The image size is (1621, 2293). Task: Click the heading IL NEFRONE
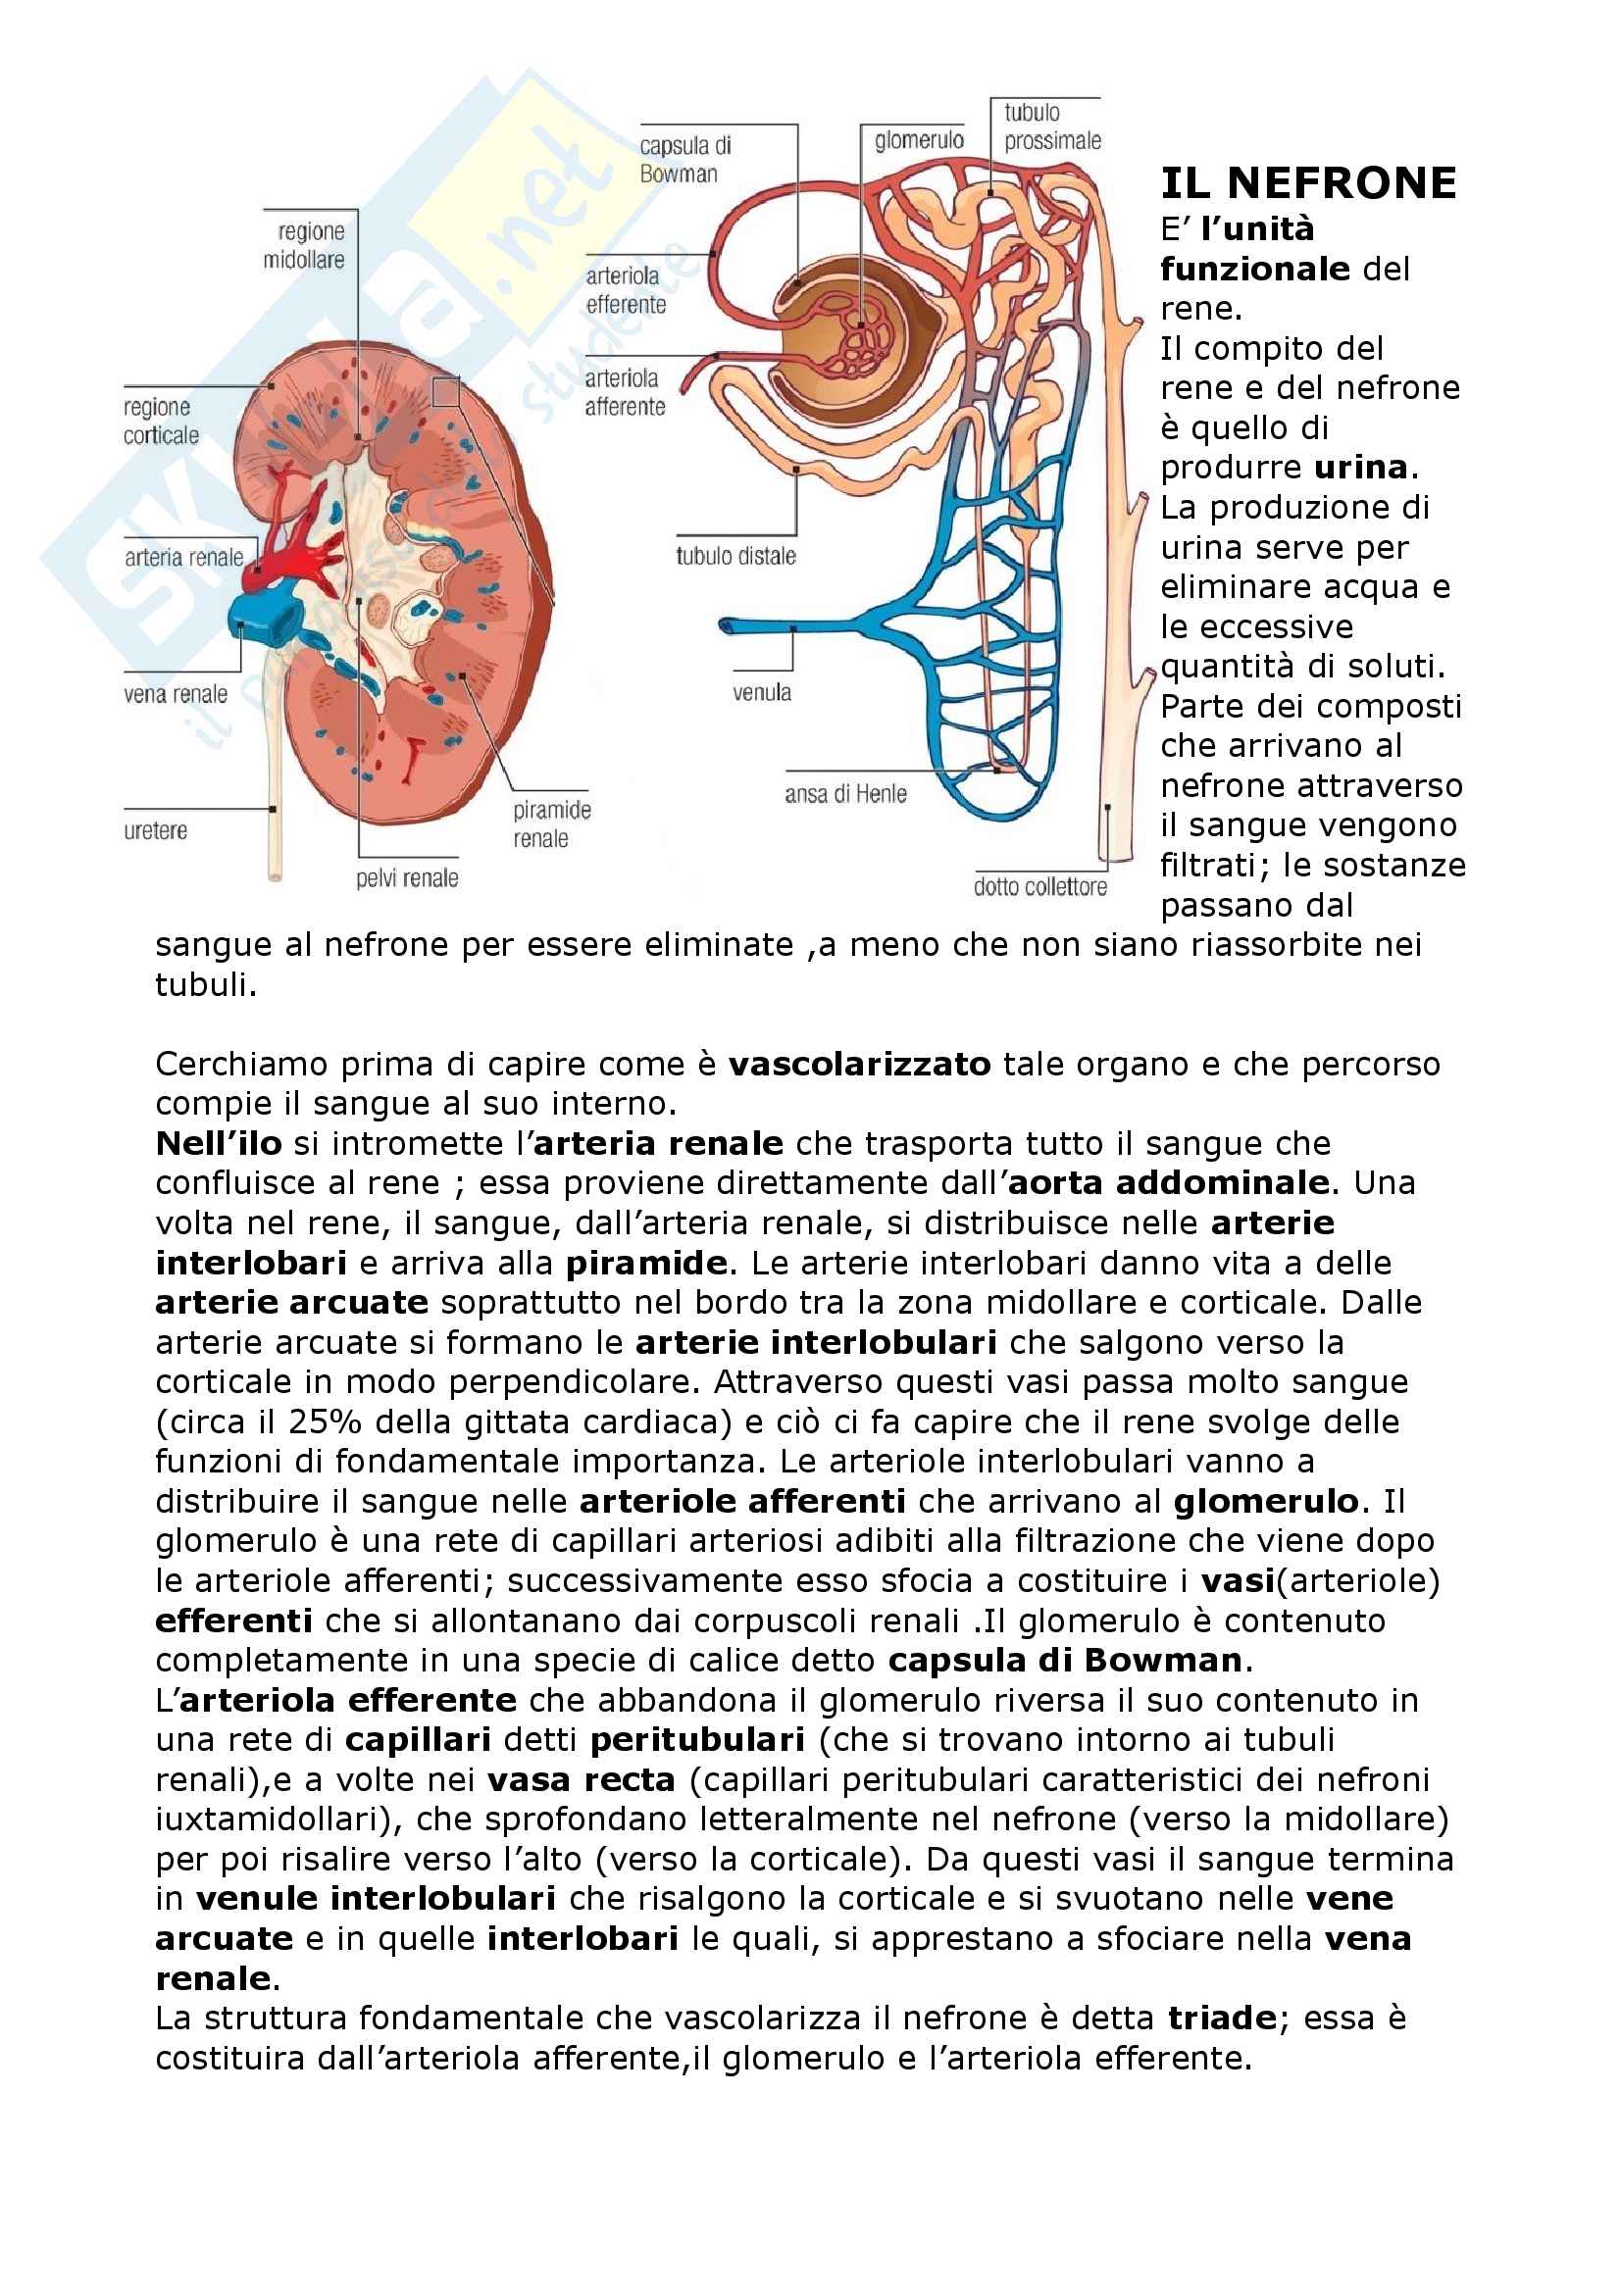[1307, 183]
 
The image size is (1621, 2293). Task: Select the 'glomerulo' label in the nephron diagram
[919, 141]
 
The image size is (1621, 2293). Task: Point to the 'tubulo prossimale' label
[1051, 126]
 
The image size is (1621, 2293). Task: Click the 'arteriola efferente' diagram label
[626, 290]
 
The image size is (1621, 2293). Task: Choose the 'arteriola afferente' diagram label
[626, 392]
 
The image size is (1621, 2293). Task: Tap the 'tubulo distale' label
[735, 556]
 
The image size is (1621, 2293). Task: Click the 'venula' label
[761, 692]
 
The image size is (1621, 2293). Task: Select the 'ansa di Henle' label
[845, 794]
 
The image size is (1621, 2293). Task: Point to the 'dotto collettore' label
[1039, 887]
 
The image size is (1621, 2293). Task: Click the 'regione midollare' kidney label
[305, 246]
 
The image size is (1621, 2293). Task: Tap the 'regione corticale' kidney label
[161, 422]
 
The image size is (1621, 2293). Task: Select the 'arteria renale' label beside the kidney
[183, 557]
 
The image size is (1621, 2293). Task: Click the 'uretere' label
[155, 831]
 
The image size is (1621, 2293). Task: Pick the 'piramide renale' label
[551, 823]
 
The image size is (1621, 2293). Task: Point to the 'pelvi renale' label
[407, 878]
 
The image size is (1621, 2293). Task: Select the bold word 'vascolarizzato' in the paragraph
[859, 1065]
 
